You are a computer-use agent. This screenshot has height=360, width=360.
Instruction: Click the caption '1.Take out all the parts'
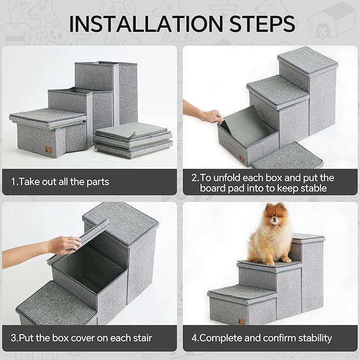[x=60, y=182]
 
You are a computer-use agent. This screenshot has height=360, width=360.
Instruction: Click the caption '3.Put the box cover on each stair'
[x=82, y=338]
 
